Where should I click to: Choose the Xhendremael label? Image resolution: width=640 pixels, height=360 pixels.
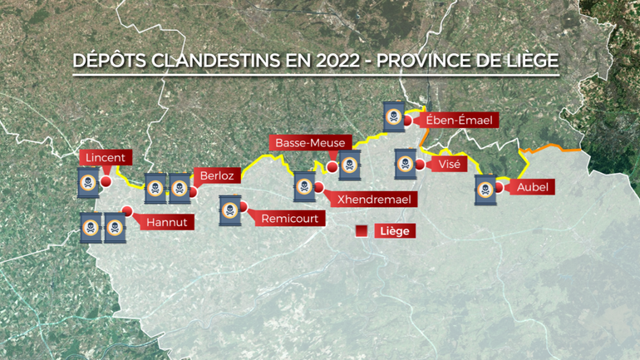(374, 200)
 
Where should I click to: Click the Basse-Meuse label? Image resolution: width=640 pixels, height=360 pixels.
(311, 142)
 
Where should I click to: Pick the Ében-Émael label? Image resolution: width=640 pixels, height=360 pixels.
(459, 121)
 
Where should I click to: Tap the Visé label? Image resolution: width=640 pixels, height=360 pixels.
(445, 164)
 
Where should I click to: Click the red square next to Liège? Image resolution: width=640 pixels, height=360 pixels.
(362, 231)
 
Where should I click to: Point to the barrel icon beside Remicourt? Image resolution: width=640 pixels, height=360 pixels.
(230, 211)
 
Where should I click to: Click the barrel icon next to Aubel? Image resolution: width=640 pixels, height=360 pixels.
(485, 190)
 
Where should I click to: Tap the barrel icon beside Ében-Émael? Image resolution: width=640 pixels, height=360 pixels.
(395, 116)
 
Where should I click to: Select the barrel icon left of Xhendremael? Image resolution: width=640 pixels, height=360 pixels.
(305, 186)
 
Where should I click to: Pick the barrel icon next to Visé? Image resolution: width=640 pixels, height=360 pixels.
(405, 163)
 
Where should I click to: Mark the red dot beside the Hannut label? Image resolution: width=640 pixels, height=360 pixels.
(126, 211)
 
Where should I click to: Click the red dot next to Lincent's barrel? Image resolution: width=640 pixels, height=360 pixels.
(106, 181)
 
